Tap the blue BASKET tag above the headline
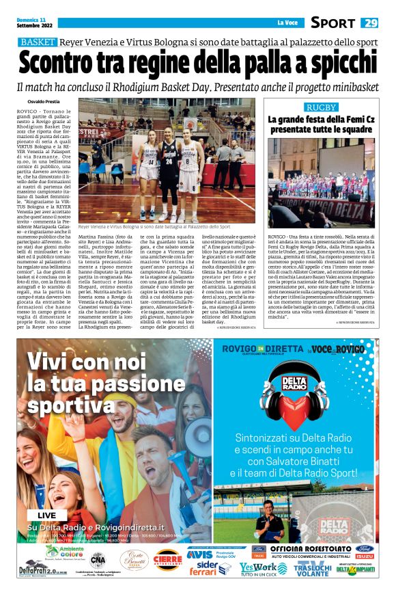(x=38, y=42)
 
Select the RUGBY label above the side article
(x=320, y=108)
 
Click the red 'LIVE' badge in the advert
(x=47, y=514)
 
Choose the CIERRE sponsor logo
(x=167, y=560)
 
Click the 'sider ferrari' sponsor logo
(x=209, y=569)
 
